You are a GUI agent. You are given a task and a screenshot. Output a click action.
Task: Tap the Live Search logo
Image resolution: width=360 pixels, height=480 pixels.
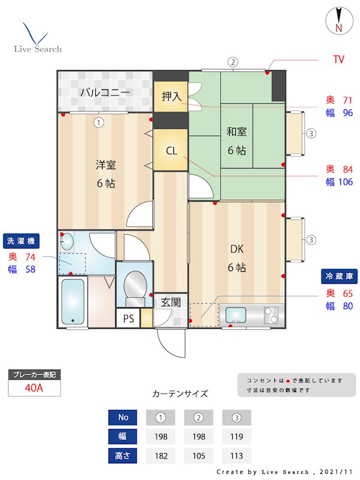coord(37,38)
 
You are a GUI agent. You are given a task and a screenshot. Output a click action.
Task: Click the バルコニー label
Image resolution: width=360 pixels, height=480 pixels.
coord(104,92)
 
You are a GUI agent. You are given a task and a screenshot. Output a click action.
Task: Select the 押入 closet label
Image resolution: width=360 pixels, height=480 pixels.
coord(171,97)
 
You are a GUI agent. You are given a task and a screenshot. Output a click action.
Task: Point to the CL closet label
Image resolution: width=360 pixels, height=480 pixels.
coord(171,151)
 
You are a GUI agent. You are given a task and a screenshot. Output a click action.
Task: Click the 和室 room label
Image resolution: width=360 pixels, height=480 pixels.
coord(236,132)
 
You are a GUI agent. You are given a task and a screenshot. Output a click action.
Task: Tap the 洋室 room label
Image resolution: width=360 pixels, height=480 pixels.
coord(106,164)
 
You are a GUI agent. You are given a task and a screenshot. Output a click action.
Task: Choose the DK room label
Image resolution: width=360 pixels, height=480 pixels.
coord(236,248)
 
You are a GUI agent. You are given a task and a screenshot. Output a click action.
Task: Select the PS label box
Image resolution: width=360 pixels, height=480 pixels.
coord(128,319)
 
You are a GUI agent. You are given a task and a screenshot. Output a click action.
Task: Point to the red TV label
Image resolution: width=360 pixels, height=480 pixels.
coord(338,60)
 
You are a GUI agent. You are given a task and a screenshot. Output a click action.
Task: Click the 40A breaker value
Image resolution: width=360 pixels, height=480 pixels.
coord(34,388)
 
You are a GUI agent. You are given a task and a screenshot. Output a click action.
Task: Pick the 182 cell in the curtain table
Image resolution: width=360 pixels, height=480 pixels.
coord(161,456)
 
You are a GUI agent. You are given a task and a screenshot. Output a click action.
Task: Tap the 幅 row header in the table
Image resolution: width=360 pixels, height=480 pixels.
coord(123,436)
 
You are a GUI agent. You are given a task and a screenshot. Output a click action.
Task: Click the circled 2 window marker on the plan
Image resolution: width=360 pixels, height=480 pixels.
coord(233,62)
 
